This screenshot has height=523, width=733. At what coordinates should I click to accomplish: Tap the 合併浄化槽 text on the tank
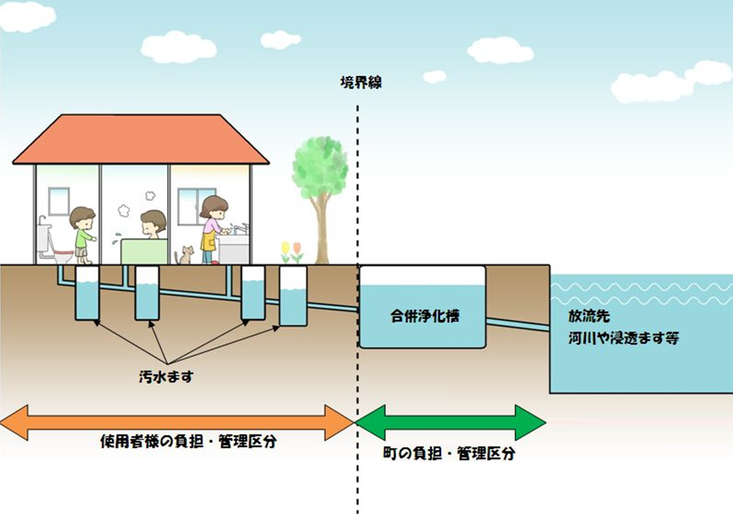click(424, 315)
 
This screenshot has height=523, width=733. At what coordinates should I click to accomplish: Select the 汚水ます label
click(166, 376)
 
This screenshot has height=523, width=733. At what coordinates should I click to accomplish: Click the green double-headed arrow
click(450, 422)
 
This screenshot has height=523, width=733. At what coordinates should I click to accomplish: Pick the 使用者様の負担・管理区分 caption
click(188, 442)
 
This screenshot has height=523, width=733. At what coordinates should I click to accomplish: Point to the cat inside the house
click(186, 255)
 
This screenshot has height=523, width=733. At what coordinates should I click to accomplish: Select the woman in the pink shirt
click(212, 228)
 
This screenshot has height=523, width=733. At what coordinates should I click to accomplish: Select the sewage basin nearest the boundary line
click(292, 295)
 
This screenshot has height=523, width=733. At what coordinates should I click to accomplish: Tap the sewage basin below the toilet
click(87, 293)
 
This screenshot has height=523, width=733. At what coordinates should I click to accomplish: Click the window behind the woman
click(189, 206)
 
